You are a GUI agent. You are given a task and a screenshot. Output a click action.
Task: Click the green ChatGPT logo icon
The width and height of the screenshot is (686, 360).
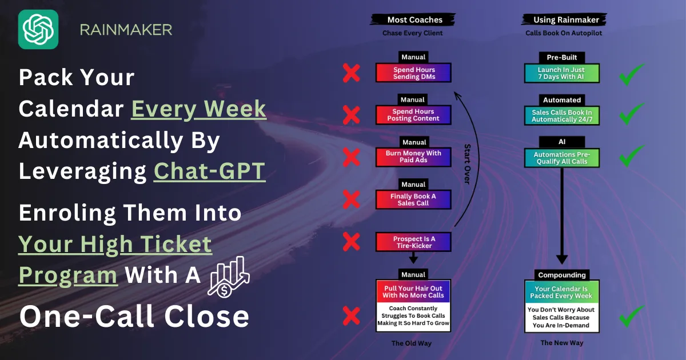click(x=38, y=29)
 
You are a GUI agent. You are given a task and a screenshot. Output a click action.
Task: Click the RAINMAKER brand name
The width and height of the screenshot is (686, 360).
click(x=126, y=30)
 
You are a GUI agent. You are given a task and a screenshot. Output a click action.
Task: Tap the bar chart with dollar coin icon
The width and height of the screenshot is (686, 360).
click(x=229, y=277)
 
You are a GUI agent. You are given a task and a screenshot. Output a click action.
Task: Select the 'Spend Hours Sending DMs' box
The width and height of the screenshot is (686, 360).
click(x=413, y=73)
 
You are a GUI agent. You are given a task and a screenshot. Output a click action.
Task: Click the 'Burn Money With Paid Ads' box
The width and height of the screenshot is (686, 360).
click(x=413, y=157)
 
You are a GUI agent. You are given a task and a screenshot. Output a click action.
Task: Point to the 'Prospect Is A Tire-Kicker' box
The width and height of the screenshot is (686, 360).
click(x=413, y=242)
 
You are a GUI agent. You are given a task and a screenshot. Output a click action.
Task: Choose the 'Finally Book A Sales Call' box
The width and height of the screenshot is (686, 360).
click(x=413, y=199)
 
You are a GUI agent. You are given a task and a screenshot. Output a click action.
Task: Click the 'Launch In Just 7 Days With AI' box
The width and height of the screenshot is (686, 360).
click(x=561, y=73)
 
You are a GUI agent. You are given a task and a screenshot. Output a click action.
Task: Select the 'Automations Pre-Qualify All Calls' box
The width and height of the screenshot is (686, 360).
click(x=561, y=158)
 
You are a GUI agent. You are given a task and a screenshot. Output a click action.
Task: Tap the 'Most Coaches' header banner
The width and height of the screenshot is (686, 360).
click(x=413, y=19)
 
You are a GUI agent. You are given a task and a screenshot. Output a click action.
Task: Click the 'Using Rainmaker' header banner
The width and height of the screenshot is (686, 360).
click(x=564, y=19)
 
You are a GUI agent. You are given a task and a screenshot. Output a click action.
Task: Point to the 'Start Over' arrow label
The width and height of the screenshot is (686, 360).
click(x=468, y=164)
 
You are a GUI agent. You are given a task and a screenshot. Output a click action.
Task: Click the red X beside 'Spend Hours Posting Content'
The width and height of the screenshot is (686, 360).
click(x=351, y=115)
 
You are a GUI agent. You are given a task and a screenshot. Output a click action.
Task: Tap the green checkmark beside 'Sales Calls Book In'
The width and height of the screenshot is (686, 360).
click(x=632, y=114)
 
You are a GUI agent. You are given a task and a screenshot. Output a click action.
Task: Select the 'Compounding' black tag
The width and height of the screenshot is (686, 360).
click(x=561, y=275)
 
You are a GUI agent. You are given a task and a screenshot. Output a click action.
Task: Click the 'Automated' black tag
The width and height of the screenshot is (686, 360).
click(x=561, y=100)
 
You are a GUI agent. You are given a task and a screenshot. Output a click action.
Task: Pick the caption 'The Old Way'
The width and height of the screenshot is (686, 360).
click(x=411, y=343)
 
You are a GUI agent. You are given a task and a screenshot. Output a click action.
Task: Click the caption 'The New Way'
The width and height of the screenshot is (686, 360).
click(x=561, y=342)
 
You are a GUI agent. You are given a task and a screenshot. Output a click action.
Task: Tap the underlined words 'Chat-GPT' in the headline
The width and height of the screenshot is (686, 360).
click(x=209, y=171)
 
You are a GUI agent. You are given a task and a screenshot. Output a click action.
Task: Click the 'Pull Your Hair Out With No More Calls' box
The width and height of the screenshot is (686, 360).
click(x=413, y=292)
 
